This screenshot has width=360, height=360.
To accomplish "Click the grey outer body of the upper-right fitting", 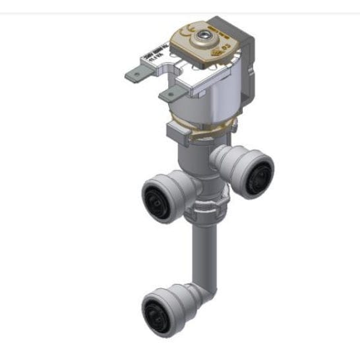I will (231, 162).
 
